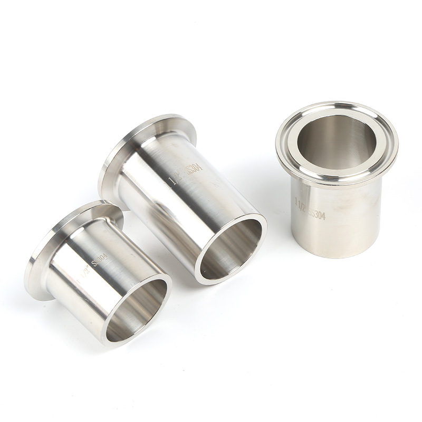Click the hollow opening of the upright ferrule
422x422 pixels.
coord(337,141)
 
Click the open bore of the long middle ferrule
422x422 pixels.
coord(231,249)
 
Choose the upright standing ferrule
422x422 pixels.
coord(337,211)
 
